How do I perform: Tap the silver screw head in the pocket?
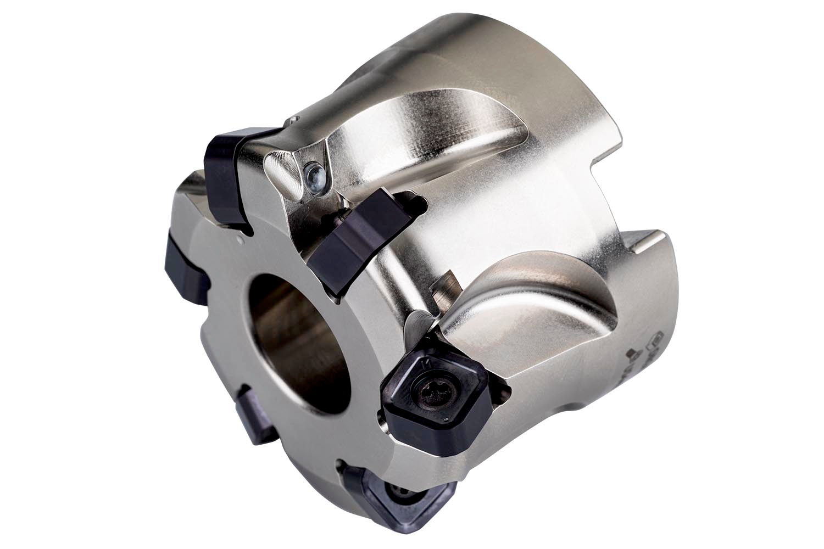pos(314,175)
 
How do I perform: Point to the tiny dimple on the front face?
pos(240,240)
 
